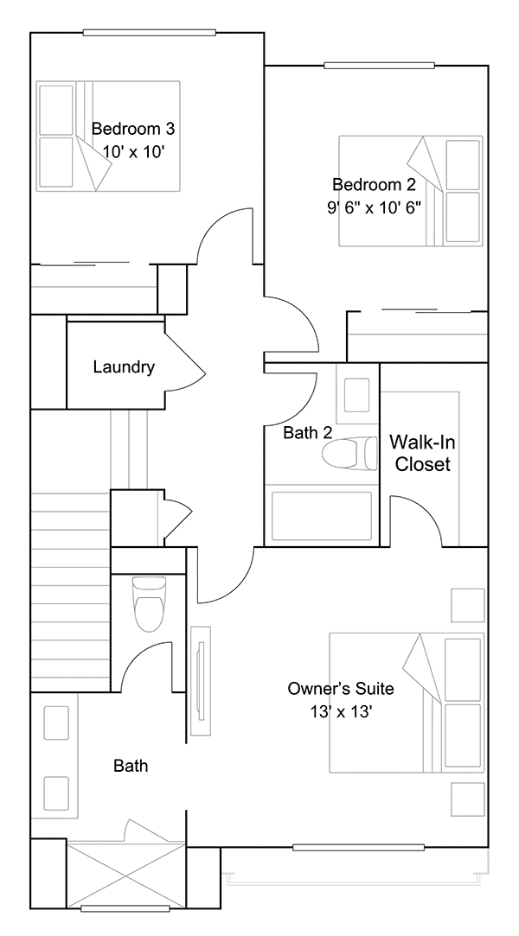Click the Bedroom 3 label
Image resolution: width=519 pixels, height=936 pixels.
coord(133,128)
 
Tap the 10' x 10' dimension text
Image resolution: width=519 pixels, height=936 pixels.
coord(133,151)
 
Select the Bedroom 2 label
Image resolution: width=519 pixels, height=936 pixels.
coord(374,184)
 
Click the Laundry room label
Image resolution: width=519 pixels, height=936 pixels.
coord(124,367)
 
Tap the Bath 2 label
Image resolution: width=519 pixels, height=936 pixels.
coord(308,433)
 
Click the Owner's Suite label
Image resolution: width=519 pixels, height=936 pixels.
coord(341,689)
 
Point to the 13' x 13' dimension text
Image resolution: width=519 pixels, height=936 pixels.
coord(341,711)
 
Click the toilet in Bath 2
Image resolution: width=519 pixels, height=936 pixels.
coord(350,454)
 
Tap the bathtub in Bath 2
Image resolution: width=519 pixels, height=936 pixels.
coord(321,516)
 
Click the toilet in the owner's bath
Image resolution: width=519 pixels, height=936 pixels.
coord(148,603)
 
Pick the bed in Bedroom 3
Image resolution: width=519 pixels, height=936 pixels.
coord(108,136)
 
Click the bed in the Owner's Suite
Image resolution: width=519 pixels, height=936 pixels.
coord(407,703)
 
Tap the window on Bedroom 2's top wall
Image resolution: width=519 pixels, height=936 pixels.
coord(379,65)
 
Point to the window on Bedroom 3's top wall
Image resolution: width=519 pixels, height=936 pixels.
coord(148,33)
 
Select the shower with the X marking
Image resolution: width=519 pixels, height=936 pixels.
coord(126,874)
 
